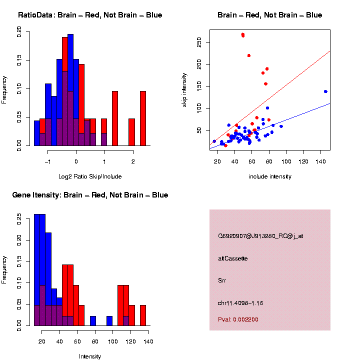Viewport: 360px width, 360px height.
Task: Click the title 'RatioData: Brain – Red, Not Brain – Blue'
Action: (90, 15)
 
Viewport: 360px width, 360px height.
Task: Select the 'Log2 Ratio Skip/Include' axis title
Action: (90, 176)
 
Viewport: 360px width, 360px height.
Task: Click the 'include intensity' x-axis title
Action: (270, 176)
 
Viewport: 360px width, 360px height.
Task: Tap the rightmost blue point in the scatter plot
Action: (325, 91)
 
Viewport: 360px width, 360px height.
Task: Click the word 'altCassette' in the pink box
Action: (233, 258)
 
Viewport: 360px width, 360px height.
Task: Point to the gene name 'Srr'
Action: (222, 280)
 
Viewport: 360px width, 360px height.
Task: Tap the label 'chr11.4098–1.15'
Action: (240, 303)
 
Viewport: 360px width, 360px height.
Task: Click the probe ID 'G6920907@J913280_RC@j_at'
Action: (260, 236)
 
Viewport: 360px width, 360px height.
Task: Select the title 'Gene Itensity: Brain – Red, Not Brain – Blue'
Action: (90, 195)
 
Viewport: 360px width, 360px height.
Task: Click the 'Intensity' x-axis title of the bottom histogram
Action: (90, 356)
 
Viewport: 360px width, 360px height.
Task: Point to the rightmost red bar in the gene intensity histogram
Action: (143, 315)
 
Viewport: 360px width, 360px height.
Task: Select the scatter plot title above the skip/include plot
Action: (270, 15)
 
